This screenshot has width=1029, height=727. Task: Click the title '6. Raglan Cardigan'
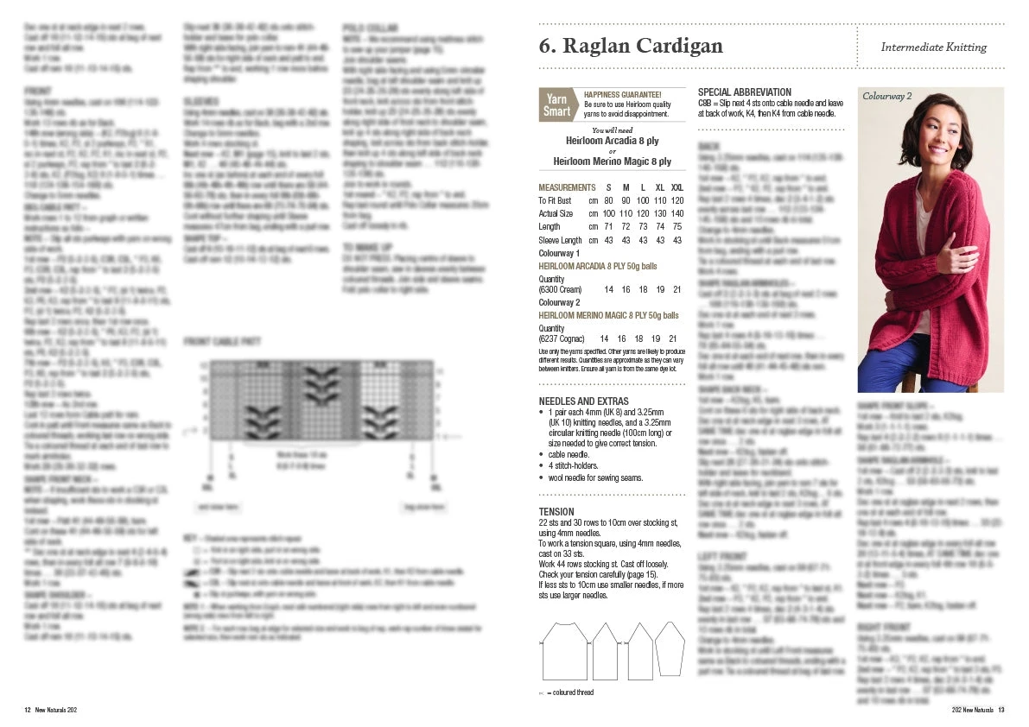(630, 47)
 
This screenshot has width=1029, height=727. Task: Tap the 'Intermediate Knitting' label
(933, 47)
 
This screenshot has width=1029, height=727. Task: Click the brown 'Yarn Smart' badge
(556, 104)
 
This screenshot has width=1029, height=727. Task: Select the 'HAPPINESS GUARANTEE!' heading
(623, 94)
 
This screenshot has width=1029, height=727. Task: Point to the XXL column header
(677, 187)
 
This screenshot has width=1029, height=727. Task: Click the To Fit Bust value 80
(608, 200)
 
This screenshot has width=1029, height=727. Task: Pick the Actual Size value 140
(677, 213)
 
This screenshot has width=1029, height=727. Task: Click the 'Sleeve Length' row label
(560, 240)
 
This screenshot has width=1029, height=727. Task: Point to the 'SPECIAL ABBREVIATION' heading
(744, 92)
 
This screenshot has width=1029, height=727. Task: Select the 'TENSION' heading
(556, 512)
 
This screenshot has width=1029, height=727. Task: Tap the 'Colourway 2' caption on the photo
(887, 96)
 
